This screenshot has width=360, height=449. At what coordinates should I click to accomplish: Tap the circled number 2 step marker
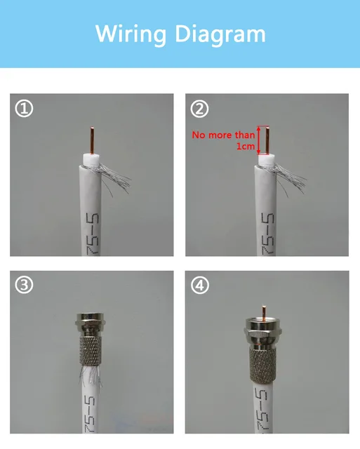200,109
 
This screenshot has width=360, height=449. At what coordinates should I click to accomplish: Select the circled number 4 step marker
200,286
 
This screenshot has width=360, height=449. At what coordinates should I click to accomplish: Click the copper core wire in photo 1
93,139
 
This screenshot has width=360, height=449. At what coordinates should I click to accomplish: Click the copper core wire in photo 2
268,139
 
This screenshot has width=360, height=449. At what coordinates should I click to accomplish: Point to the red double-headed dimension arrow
258,140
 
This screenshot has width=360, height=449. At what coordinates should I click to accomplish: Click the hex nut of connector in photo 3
91,324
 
